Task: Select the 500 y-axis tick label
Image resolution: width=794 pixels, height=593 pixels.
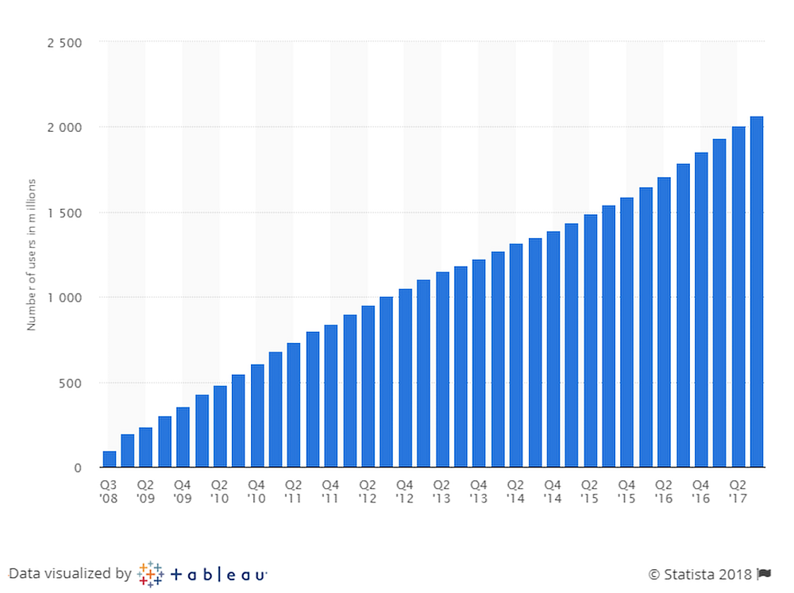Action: [x=71, y=383]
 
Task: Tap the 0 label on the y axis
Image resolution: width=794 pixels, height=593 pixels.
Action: [x=78, y=468]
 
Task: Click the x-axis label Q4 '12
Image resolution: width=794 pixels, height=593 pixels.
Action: [x=405, y=491]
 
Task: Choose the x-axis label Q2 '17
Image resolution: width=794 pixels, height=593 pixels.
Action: [x=738, y=491]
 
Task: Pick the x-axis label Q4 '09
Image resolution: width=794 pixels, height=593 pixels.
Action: [x=183, y=491]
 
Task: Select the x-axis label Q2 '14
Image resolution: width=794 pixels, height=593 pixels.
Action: [x=516, y=491]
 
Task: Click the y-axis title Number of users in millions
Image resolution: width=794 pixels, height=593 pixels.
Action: [x=32, y=255]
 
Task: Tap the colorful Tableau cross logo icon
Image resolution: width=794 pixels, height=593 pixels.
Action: [x=150, y=574]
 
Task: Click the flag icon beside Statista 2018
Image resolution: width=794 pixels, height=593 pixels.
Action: [x=765, y=574]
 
